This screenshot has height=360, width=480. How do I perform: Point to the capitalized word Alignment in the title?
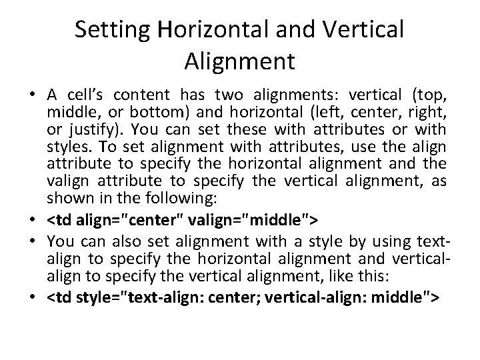238,62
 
